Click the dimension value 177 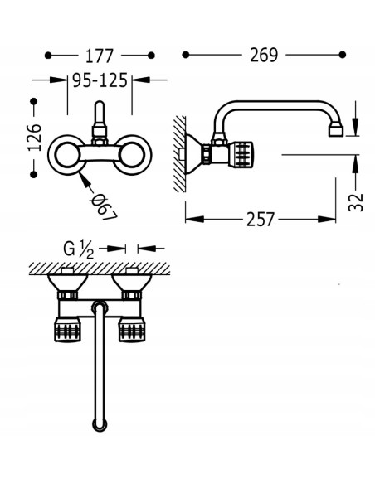(100, 56)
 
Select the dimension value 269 (264, 55)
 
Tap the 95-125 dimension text (100, 80)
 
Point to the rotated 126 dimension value (34, 138)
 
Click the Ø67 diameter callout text (104, 207)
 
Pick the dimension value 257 (260, 220)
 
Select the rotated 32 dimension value (356, 202)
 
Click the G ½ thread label (78, 249)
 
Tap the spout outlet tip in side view (336, 130)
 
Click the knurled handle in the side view (241, 154)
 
